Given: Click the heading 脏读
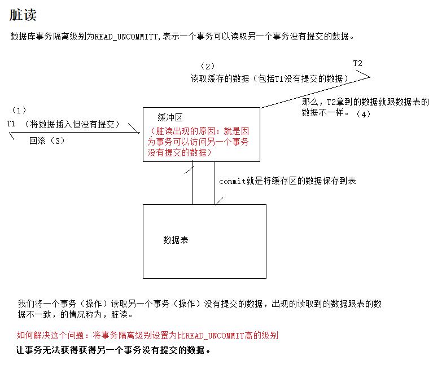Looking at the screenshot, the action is point(24,15).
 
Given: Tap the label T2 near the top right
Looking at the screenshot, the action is point(358,63).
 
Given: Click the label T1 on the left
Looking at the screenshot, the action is point(11,124).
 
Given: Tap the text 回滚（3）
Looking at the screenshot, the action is point(48,141).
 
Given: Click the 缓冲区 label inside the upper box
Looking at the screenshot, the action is point(170,117).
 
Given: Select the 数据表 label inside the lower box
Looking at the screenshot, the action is point(176,240).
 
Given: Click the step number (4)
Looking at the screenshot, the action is point(363,114).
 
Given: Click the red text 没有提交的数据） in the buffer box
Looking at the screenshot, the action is point(180,152).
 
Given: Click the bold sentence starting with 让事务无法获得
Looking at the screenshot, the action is point(113,350).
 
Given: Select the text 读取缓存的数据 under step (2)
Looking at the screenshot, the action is point(220,79).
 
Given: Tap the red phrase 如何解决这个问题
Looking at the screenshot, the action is point(52,335).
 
